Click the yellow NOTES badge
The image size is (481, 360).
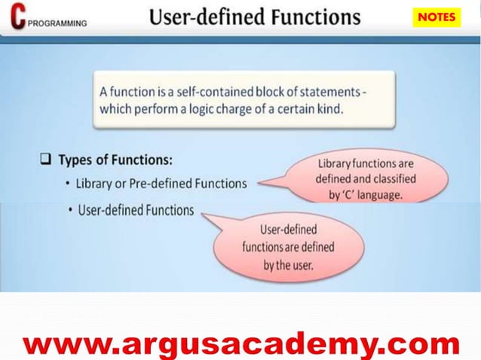pyautogui.click(x=437, y=17)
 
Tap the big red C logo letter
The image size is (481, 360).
pyautogui.click(x=16, y=17)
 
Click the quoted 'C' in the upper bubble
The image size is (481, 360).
pyautogui.click(x=349, y=194)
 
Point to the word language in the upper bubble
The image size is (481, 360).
pyautogui.click(x=382, y=194)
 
